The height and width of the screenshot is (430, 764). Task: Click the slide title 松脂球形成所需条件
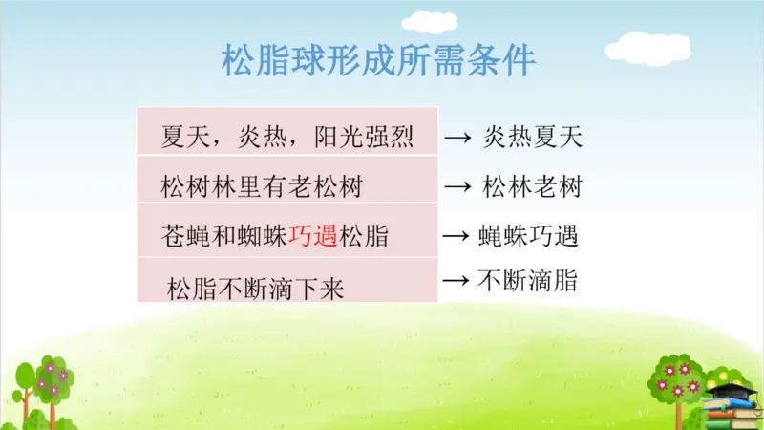coord(378,62)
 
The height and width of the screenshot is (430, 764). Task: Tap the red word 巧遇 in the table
coord(313,234)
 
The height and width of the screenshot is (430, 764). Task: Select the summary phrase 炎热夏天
coord(533,138)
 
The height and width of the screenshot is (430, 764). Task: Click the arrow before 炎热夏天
coord(458,139)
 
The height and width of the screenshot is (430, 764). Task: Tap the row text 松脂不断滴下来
coord(255,286)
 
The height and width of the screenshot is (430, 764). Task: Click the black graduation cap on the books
coord(735,390)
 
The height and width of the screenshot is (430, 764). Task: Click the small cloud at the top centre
coord(429,21)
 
